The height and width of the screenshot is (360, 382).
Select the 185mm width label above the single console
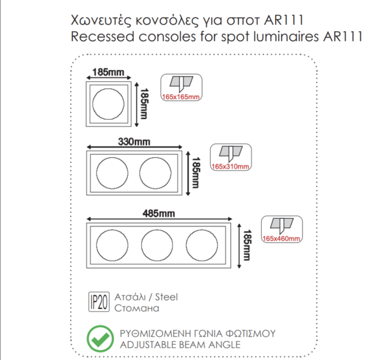point(108,73)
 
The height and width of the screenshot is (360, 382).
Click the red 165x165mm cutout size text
point(181,97)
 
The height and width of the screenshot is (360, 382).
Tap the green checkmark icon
point(100,339)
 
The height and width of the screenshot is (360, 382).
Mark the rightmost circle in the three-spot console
point(202,245)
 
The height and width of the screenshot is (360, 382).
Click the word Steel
point(166,296)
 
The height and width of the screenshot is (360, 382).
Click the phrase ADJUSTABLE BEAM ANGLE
point(180,345)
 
